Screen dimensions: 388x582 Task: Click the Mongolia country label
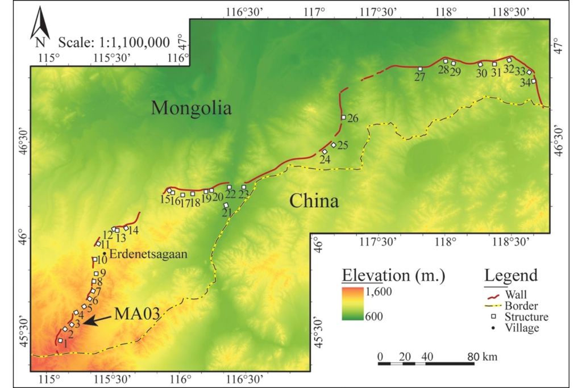(191, 108)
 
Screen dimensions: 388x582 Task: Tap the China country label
(314, 201)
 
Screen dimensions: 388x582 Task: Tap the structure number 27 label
(420, 78)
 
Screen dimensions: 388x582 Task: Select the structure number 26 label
(352, 119)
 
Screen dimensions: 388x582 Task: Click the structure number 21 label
(226, 212)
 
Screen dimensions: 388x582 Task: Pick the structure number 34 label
(526, 83)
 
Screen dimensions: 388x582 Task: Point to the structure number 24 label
(325, 160)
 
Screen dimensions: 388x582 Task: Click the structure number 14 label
(133, 230)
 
